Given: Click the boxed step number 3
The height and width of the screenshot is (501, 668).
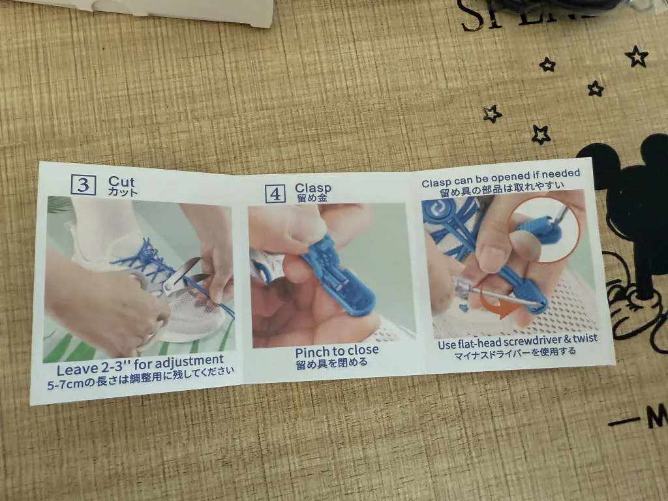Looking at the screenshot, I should pos(83,185).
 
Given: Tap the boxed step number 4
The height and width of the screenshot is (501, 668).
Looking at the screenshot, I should pos(275,194).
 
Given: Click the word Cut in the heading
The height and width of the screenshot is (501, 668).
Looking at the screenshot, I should pos(122,181).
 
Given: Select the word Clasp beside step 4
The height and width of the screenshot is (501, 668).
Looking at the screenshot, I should pos(313,189).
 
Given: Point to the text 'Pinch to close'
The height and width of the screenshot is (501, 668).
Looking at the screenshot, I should pos(337,351).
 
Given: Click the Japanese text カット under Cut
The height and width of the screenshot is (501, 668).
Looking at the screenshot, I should pos(123,193).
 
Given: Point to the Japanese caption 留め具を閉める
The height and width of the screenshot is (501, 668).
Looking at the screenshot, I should pos(331,363).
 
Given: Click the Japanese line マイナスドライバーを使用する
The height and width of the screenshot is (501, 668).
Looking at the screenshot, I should pos(516,352).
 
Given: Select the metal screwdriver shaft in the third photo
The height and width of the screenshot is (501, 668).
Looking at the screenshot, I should pos(496,296).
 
